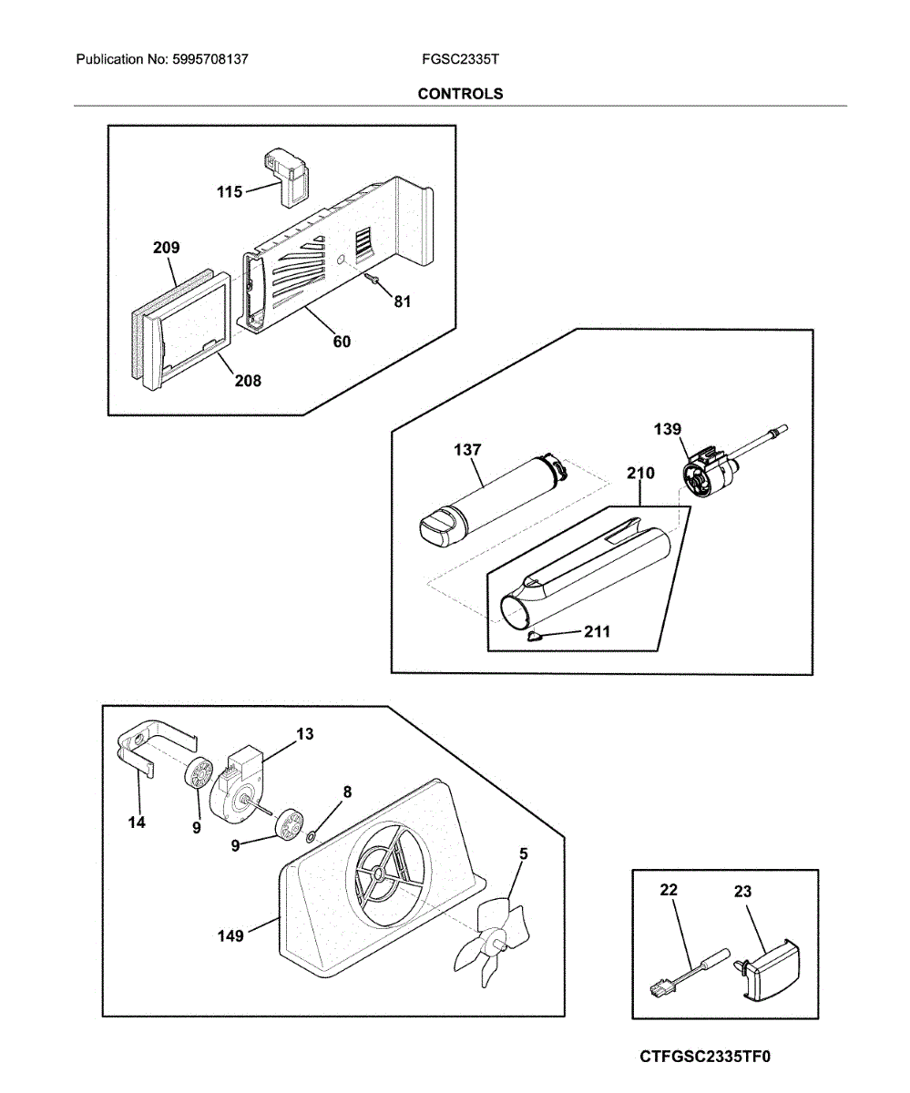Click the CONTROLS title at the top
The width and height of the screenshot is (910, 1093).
point(460,94)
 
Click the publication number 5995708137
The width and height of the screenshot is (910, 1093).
point(210,60)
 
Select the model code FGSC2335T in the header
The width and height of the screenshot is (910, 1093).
point(460,60)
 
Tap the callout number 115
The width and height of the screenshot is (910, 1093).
point(230,192)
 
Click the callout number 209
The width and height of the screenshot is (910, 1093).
point(166,248)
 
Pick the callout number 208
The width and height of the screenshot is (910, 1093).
point(247,381)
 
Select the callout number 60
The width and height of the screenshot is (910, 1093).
point(342,342)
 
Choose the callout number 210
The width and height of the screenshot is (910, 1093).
point(640,474)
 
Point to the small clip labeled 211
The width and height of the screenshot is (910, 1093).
point(534,636)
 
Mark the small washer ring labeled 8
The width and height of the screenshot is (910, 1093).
point(312,834)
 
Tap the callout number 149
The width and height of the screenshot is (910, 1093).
point(230,935)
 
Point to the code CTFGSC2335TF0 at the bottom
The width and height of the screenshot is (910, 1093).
point(705,1057)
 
